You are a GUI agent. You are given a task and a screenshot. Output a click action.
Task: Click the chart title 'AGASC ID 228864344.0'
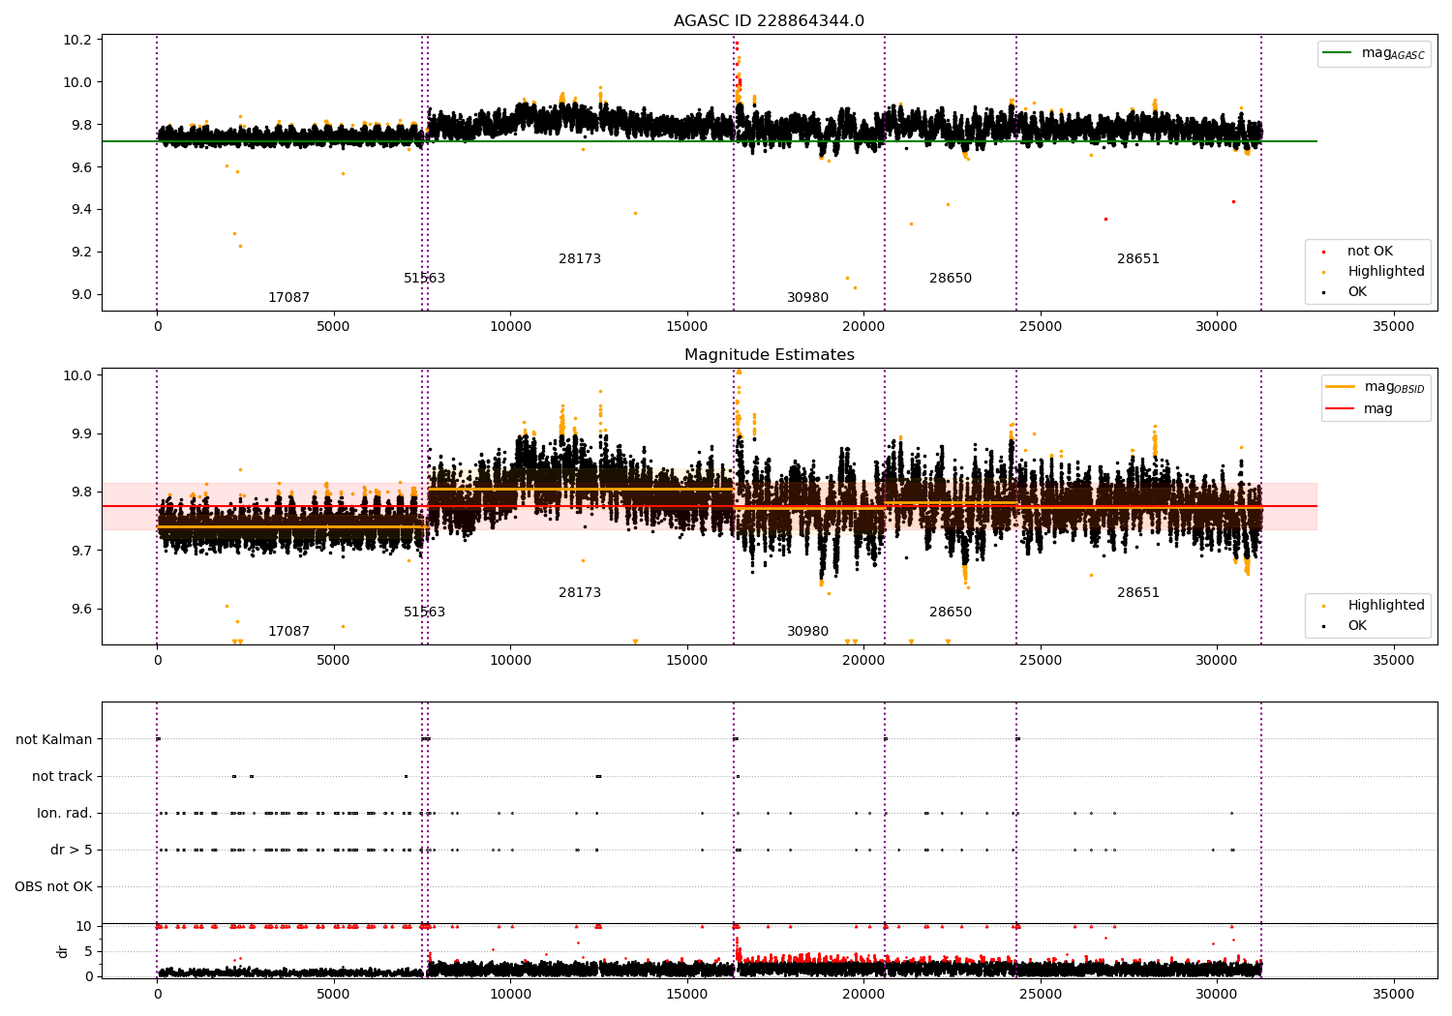[x=769, y=21]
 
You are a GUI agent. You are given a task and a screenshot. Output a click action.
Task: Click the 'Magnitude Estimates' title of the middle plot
[x=769, y=355]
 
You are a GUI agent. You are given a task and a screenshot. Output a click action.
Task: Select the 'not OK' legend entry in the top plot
[x=1370, y=252]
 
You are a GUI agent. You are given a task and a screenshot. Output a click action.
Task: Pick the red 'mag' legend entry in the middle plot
[x=1377, y=409]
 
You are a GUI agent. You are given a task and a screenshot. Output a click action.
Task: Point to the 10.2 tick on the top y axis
[x=77, y=40]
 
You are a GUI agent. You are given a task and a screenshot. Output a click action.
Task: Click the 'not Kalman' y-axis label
[x=54, y=739]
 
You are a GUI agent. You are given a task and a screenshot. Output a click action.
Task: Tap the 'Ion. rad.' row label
[x=65, y=813]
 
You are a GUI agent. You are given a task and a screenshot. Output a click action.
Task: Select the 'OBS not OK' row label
[x=53, y=886]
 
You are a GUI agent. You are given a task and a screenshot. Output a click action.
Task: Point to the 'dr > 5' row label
[x=72, y=850]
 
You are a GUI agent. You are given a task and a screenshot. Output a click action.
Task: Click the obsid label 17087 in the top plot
[x=288, y=298]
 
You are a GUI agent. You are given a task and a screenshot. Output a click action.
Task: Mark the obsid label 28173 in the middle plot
[x=580, y=592]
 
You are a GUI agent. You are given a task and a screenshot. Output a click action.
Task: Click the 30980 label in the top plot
[x=807, y=298]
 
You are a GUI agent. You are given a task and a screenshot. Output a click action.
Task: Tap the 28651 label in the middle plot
[x=1137, y=592]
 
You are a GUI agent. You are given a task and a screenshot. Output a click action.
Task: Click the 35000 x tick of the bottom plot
[x=1393, y=995]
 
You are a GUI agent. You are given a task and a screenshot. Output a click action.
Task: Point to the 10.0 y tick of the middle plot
[x=77, y=375]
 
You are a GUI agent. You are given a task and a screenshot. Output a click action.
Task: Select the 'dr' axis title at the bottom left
[x=63, y=951]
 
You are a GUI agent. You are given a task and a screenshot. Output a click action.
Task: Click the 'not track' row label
[x=62, y=776]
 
